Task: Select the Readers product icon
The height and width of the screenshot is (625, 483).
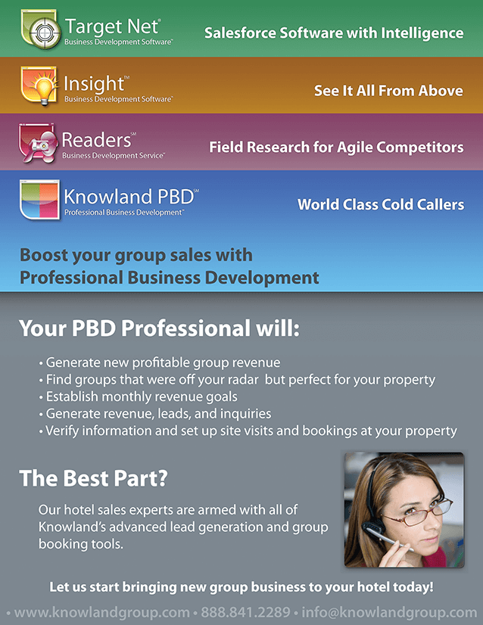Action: coord(38,143)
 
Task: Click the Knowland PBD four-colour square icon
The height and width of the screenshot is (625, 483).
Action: coord(40,200)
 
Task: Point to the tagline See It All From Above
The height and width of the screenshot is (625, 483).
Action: coord(388,91)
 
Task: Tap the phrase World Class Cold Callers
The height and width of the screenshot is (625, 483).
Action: coord(381,204)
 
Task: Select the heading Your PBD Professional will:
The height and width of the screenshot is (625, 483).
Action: coord(159,328)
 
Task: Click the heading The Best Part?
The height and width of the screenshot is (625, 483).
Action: coord(93,478)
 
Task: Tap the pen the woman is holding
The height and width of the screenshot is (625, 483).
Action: coord(390,539)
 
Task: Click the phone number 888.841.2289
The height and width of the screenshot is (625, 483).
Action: coord(245,612)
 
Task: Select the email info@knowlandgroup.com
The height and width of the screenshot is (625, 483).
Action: coord(389,613)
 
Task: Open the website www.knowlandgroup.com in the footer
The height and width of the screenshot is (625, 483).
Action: coord(101,613)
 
